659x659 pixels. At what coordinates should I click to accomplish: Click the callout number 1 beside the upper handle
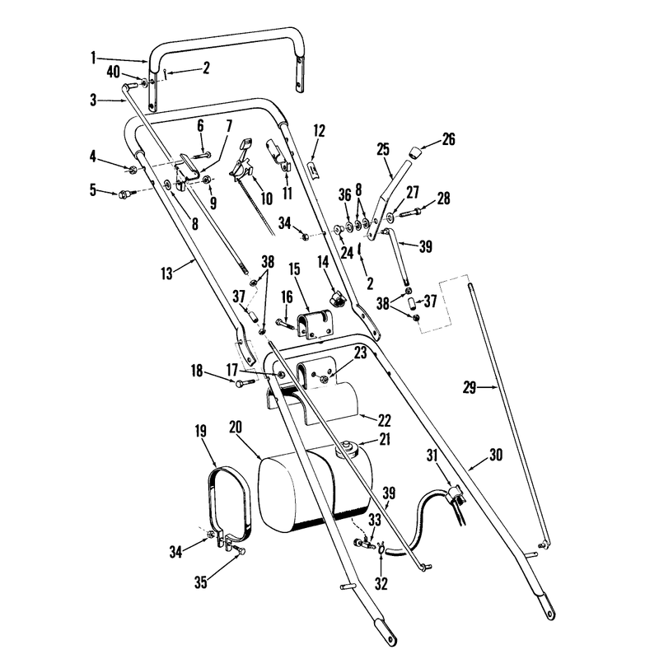pyautogui.click(x=93, y=58)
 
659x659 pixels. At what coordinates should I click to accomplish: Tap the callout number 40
pyautogui.click(x=114, y=72)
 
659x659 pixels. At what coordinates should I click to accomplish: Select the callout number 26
pyautogui.click(x=448, y=139)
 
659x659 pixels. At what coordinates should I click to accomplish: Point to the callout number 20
pyautogui.click(x=236, y=427)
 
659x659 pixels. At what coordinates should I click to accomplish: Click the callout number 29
pyautogui.click(x=469, y=387)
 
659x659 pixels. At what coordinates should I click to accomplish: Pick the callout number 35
pyautogui.click(x=201, y=582)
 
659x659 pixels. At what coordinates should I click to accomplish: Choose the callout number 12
pyautogui.click(x=320, y=131)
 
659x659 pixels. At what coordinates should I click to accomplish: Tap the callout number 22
pyautogui.click(x=384, y=420)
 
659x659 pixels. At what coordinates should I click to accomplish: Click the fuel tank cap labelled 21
pyautogui.click(x=348, y=449)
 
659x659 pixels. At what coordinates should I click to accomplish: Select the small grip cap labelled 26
pyautogui.click(x=415, y=152)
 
